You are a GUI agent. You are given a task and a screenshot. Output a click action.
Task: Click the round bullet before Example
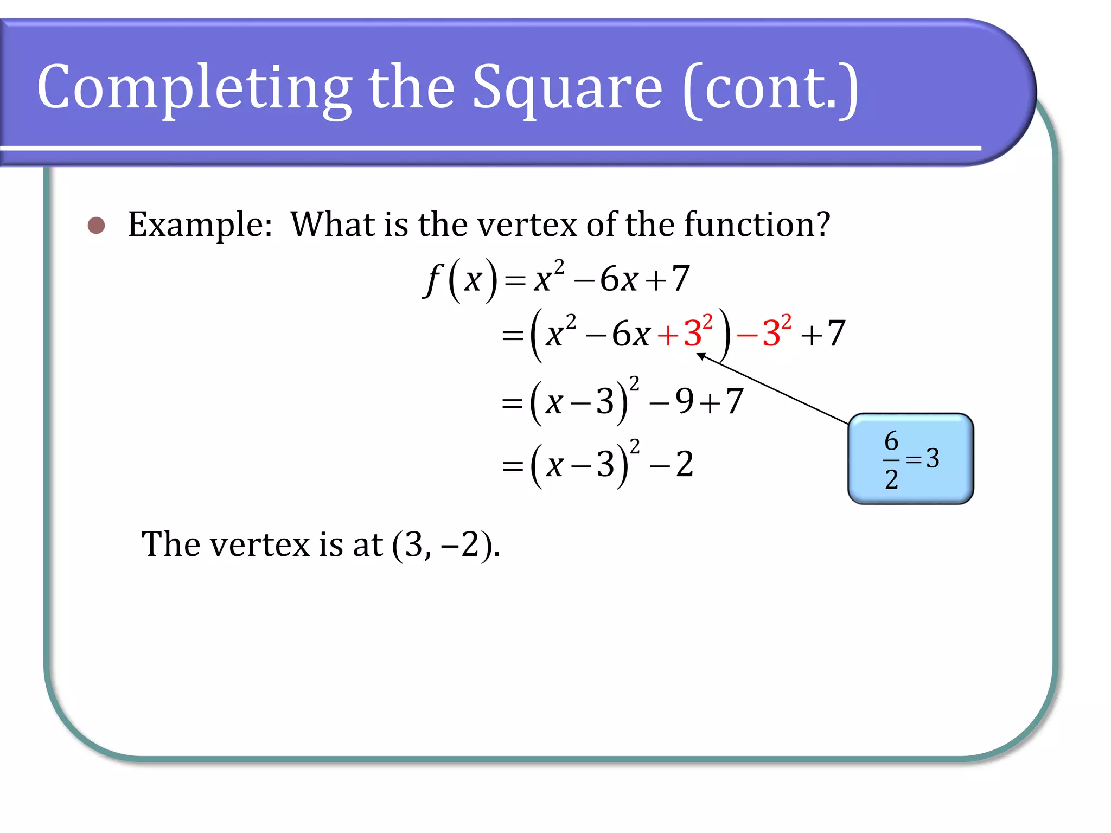click(x=97, y=225)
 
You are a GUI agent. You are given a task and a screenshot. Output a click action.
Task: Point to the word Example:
click(x=200, y=225)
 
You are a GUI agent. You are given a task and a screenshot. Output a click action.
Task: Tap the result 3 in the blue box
click(x=933, y=459)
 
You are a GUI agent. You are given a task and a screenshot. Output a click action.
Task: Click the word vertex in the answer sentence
click(x=259, y=544)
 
